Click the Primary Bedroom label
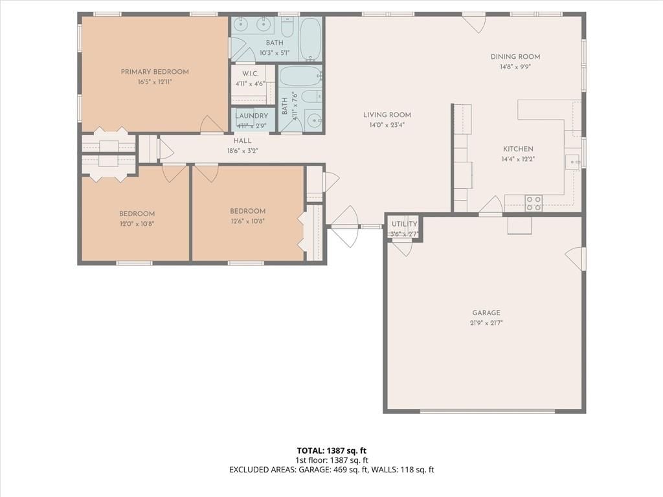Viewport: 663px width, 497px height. [x=155, y=72]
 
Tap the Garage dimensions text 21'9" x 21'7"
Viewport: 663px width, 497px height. [x=486, y=323]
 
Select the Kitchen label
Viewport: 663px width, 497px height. [x=518, y=149]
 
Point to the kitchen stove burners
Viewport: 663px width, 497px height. [x=534, y=203]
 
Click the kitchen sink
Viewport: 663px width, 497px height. [x=573, y=162]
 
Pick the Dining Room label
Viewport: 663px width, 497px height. [x=515, y=57]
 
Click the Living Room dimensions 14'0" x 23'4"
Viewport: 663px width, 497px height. [x=387, y=125]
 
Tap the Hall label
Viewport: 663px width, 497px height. [x=242, y=140]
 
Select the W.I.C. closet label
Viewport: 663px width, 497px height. [x=251, y=74]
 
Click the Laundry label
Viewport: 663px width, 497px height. [x=252, y=116]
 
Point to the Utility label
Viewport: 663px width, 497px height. [x=404, y=224]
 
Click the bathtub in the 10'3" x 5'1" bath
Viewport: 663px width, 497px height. [x=310, y=38]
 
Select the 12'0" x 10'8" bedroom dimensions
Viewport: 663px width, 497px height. [x=137, y=224]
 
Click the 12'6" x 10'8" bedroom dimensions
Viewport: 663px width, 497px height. [x=248, y=221]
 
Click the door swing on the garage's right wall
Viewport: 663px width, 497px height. [x=575, y=256]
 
